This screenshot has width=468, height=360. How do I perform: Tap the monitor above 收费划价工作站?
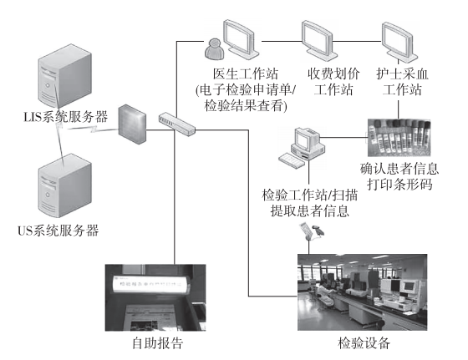pos(323,38)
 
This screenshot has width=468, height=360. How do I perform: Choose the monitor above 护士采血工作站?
pos(403,38)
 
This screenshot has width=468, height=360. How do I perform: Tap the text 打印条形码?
pos(401,183)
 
